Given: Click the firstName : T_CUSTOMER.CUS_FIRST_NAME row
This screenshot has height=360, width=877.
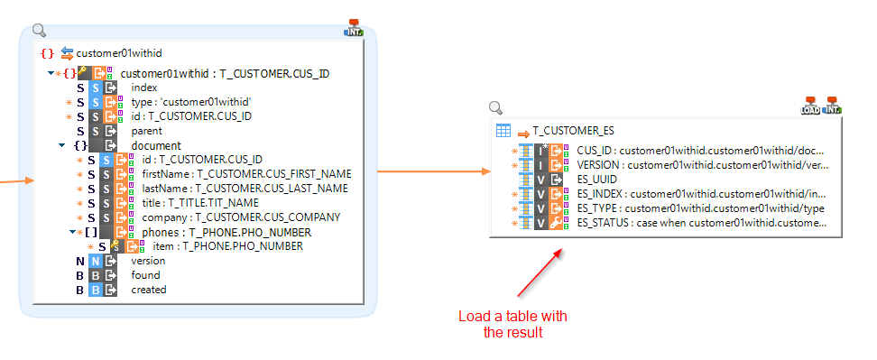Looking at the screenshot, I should click(245, 174).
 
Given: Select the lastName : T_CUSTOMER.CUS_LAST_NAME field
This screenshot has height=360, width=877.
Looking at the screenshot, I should click(245, 189).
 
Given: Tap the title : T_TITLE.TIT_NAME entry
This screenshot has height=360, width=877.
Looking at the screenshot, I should click(199, 203).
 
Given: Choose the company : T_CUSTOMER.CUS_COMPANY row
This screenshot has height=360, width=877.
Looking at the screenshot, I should click(240, 217).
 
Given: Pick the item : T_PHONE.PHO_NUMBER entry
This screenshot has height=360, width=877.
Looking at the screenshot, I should click(227, 246).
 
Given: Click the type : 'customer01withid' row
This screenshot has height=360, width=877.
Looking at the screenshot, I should click(191, 102).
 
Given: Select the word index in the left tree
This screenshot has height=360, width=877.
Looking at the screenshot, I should click(144, 88).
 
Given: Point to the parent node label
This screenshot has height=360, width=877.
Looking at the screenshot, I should click(147, 131).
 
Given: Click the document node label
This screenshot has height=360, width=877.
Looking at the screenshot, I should click(156, 145).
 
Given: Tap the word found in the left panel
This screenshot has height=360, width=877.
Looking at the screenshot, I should click(145, 275).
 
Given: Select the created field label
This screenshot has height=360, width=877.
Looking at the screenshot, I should click(149, 290).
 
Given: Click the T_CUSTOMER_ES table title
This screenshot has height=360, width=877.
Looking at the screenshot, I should click(573, 131).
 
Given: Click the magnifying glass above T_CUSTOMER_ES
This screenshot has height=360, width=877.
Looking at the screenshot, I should click(495, 108).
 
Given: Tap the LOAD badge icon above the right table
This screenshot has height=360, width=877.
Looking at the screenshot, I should click(809, 106).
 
